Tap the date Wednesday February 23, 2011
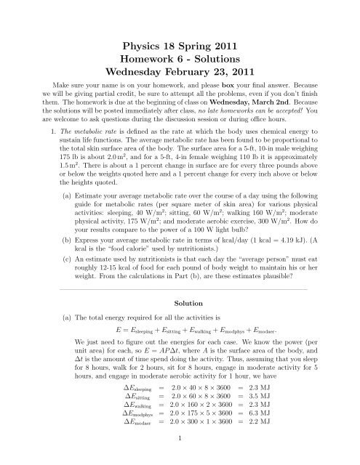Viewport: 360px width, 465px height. [180, 72]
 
